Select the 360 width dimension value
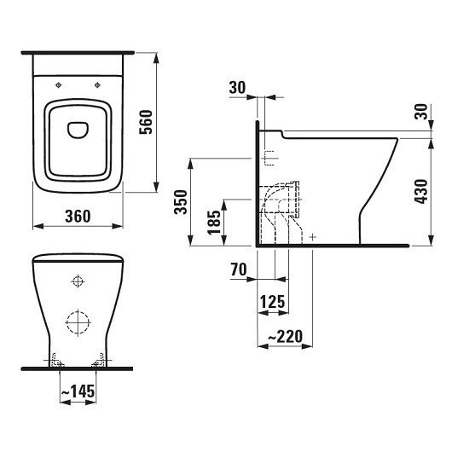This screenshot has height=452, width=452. (78, 216)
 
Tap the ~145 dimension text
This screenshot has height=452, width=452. (77, 392)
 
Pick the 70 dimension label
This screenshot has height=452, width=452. (239, 270)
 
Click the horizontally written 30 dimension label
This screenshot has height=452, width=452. (237, 87)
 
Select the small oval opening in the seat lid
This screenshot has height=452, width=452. (78, 130)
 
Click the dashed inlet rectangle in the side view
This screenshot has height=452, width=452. (269, 158)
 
